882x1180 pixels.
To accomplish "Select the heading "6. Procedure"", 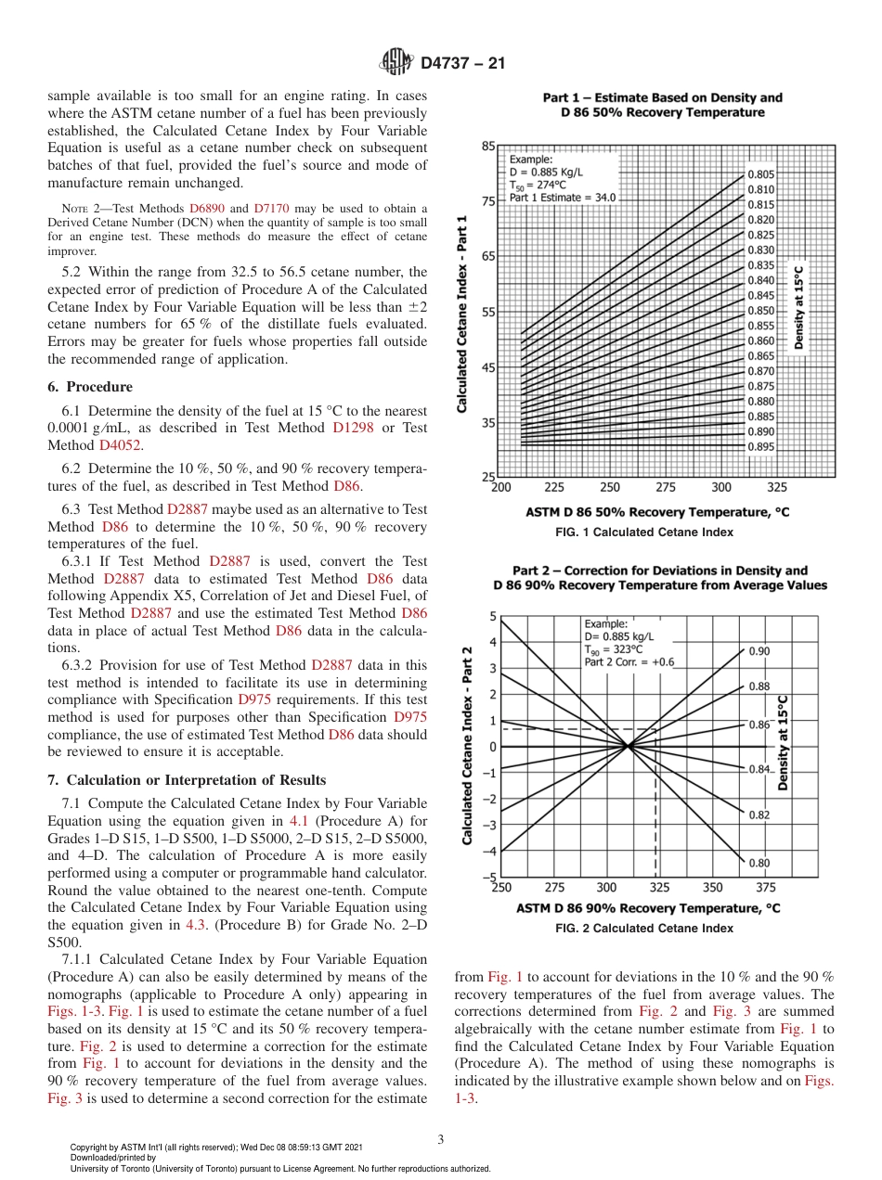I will tap(89, 387).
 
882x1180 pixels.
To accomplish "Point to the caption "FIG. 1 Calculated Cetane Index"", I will tap(644, 532).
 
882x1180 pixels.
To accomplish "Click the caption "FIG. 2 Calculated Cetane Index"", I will tap(644, 929).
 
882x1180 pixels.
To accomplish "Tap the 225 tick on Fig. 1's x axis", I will tap(554, 487).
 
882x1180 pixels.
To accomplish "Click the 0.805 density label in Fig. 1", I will tap(761, 174).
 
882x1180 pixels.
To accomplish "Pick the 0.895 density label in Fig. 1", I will tap(761, 446).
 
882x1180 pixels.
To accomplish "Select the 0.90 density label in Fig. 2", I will tap(759, 651).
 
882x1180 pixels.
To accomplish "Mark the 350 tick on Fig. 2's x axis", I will tap(712, 888).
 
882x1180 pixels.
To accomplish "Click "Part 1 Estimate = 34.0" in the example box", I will tap(562, 198).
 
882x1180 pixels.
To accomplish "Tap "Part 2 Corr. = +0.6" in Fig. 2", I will tap(630, 661).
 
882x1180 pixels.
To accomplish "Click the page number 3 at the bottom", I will tap(441, 1139).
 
